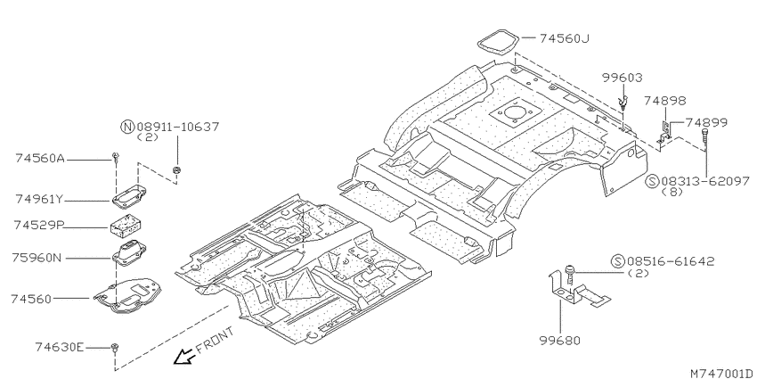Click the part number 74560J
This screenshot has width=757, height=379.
point(564,38)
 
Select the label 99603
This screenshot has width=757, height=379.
point(623,78)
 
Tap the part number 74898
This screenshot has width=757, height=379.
point(664,101)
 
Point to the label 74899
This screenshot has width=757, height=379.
point(707,122)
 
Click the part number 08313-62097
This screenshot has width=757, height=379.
point(705,181)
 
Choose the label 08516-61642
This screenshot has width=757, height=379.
point(671,261)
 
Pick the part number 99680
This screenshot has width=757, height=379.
point(559,341)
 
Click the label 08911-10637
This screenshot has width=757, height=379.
point(177,127)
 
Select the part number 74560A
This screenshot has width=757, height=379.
point(39,158)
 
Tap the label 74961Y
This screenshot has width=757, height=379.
point(39,199)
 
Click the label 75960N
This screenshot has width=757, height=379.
point(37,258)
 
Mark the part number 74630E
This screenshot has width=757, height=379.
point(60,347)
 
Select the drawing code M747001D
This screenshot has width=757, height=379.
point(722,373)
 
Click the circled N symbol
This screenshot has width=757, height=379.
point(126,127)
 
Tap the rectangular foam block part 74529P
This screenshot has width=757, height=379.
point(126,226)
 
